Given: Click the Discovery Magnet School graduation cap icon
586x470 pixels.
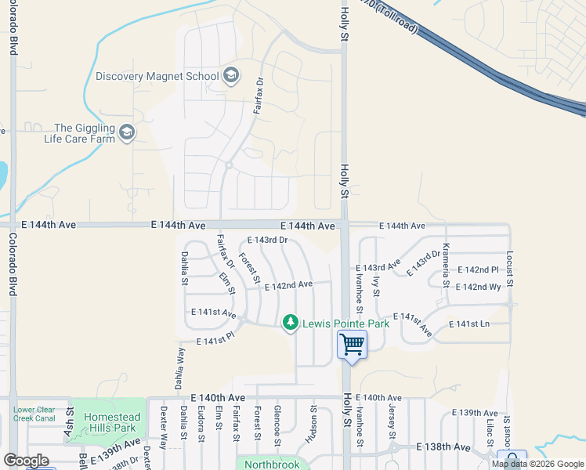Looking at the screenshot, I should coord(230,76).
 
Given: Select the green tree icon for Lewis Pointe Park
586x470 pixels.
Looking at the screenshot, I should coord(291,323).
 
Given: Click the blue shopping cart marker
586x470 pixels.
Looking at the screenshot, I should coord(352,344).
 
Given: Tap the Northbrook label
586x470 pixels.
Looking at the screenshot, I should coord(271,464).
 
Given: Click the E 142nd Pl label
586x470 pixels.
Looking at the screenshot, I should coord(477,270).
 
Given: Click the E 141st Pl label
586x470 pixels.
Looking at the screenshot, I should coord(215,340).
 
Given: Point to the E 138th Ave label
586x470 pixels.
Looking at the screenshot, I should coord(443,446).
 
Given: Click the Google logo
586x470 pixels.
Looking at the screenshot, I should coord(27,461).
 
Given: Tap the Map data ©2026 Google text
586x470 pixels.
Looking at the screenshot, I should coord(537,464).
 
